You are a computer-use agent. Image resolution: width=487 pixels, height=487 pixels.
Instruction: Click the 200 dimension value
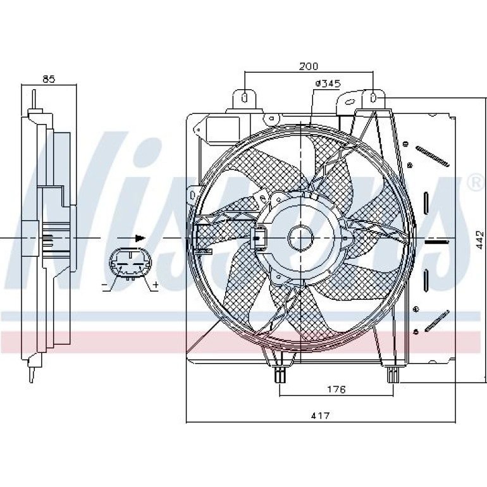(x=309, y=66)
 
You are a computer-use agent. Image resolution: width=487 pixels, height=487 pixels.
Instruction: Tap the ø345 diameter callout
(x=328, y=83)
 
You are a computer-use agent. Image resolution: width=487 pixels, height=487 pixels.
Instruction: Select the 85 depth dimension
(x=49, y=79)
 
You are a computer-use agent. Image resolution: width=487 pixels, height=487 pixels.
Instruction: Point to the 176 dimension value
(x=336, y=389)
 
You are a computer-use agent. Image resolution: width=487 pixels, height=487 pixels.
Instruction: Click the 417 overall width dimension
(x=320, y=415)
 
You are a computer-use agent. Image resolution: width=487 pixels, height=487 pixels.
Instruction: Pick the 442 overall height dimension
(x=479, y=240)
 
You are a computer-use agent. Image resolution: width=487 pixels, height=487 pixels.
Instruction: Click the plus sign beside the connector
(x=156, y=284)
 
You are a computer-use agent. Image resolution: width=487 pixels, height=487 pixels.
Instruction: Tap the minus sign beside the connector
(x=104, y=285)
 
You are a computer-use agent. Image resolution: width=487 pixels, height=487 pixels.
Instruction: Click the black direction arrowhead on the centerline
(x=140, y=238)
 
